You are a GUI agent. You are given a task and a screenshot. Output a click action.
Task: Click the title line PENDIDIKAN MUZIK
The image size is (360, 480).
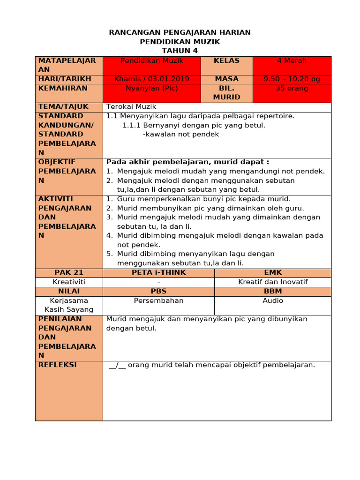coord(180,42)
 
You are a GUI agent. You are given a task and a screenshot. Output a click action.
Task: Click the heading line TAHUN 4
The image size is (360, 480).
coord(180,51)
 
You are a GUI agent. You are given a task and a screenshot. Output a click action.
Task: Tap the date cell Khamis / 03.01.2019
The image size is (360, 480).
coord(152,79)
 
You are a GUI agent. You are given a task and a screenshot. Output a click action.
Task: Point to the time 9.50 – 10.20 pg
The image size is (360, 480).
coord(292,79)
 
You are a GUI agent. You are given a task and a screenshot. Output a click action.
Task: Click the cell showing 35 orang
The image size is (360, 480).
coord(292,88)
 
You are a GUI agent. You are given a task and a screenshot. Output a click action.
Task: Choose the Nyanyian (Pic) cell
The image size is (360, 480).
coord(152,88)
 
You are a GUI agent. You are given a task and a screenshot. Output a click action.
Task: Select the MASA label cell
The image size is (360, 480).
coord(226,79)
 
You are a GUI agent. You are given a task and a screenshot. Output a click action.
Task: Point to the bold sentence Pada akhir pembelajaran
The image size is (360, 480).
coord(187,162)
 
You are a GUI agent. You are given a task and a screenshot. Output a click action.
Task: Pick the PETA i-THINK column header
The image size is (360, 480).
coord(158,273)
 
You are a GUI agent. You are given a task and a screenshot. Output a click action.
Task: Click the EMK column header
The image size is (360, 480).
coord(273,273)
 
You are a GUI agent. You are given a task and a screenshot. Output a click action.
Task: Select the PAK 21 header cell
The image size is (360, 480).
coord(69,273)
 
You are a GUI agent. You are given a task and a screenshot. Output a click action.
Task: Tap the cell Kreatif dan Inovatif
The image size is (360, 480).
coord(273,282)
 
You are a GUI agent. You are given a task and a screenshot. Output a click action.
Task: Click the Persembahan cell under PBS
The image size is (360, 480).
coord(158,300)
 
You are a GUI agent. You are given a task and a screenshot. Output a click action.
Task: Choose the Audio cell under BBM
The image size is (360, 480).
coord(273,300)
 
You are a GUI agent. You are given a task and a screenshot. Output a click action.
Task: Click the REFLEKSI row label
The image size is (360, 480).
coord(58,365)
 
